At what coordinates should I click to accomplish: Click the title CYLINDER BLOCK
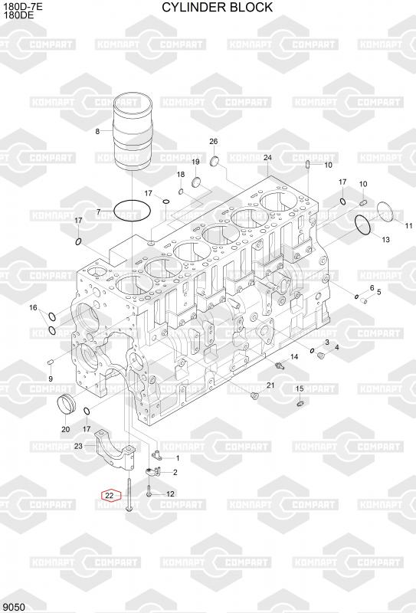click(217, 7)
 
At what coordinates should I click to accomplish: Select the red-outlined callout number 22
click(110, 495)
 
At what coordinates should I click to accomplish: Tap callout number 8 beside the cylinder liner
click(97, 131)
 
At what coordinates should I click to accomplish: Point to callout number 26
click(214, 142)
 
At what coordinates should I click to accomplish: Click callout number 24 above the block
click(267, 158)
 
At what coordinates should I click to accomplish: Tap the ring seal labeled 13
click(363, 225)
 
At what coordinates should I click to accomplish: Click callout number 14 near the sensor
click(294, 356)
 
